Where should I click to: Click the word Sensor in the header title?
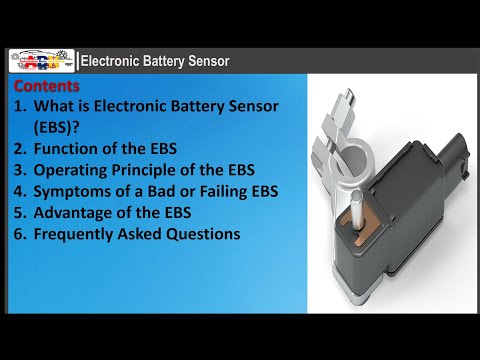click(208, 62)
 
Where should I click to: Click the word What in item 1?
click(54, 105)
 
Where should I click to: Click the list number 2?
click(19, 150)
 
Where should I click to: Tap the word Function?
click(70, 150)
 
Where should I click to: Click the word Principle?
click(152, 171)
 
